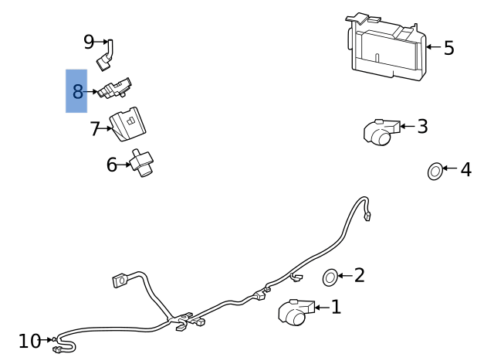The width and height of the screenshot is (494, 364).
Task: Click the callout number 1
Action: [x=336, y=308]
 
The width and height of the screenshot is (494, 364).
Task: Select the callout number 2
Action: [x=359, y=275]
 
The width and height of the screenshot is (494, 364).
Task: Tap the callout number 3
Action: [x=422, y=127]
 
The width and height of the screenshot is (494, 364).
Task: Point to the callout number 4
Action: [x=465, y=169]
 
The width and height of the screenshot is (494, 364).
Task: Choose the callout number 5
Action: [x=448, y=48]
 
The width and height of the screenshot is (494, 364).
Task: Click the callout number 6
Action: [x=112, y=165]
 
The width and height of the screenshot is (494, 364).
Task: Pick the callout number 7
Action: [x=96, y=129]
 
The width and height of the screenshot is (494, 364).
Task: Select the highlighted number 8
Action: [x=77, y=92]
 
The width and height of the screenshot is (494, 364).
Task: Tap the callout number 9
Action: [x=89, y=41]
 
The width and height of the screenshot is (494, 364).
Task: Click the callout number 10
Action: [x=29, y=341]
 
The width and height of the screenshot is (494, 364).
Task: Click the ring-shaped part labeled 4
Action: [x=435, y=171]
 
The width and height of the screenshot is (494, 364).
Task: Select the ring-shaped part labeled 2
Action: [x=330, y=277]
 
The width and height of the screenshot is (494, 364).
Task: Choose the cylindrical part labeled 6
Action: [x=142, y=162]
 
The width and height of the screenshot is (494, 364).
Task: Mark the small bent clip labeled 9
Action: [x=106, y=55]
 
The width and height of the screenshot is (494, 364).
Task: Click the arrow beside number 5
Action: [x=432, y=48]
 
